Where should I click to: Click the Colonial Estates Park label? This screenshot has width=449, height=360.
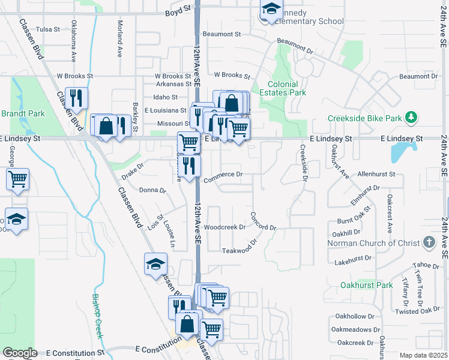click(x=279, y=89)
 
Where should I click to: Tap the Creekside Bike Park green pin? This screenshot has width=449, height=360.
click(x=411, y=117)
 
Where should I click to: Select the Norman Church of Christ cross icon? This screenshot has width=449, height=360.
click(x=429, y=242)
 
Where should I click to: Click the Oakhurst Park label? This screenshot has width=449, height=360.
click(x=366, y=285)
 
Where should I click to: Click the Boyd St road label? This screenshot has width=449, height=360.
click(x=177, y=12)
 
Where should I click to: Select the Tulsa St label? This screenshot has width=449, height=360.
click(x=48, y=29)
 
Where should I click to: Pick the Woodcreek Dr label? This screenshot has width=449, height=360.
click(x=224, y=227)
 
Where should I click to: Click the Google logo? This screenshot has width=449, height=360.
click(x=20, y=353)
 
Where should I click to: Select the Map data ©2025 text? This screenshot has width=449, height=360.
click(x=424, y=355)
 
